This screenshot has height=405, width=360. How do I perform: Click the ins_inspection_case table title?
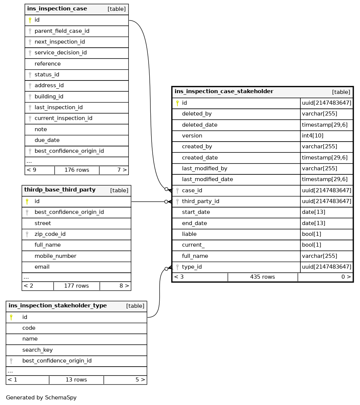[x=57, y=9]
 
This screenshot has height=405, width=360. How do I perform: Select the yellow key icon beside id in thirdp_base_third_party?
[x=27, y=202]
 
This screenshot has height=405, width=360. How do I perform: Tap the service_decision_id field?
[x=60, y=53]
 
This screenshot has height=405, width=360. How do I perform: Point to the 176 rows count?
[x=77, y=170]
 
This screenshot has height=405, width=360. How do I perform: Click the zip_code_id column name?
[x=50, y=234]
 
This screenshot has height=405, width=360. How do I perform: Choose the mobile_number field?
[x=55, y=256]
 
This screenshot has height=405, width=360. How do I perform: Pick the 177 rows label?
[x=76, y=286]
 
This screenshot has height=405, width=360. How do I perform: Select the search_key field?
[x=37, y=350]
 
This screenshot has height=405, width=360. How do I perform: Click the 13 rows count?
[x=76, y=380]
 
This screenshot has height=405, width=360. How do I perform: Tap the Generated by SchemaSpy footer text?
[x=41, y=398]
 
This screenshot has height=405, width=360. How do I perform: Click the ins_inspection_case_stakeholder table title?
[x=224, y=92]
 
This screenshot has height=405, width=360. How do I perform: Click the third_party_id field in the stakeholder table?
[x=200, y=202]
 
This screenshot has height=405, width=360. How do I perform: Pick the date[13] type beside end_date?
[x=313, y=224]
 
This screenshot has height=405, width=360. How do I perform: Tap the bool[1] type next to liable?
[x=311, y=234]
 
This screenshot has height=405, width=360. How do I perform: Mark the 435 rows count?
[x=262, y=277]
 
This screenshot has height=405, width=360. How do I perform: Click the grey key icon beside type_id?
[x=177, y=267]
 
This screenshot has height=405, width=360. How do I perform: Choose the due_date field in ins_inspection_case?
[x=47, y=140]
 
